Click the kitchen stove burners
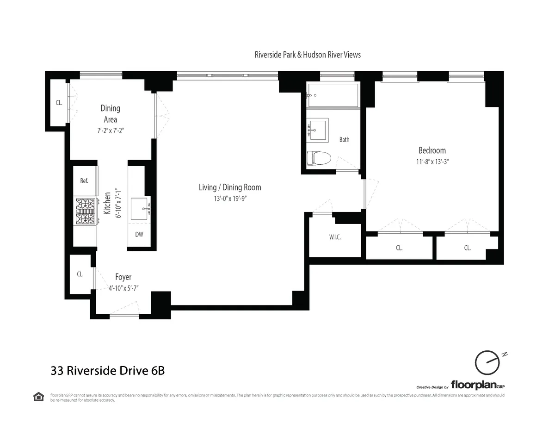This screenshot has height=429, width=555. click(x=85, y=211)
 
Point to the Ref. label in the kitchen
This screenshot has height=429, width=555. click(x=84, y=181)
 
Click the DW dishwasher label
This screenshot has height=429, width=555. click(x=139, y=234)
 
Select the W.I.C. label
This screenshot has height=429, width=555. click(x=335, y=237)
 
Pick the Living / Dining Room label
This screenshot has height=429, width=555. click(x=230, y=187)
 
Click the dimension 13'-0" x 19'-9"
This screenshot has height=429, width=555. click(x=230, y=199)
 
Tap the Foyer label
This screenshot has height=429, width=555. click(x=123, y=277)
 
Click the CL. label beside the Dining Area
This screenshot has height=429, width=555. click(x=59, y=103)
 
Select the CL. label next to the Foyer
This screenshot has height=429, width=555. click(x=80, y=274)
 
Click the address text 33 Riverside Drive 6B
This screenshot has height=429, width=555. click(x=108, y=370)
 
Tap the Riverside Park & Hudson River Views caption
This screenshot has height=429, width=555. click(x=308, y=55)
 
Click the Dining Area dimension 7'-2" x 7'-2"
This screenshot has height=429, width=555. click(x=110, y=131)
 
